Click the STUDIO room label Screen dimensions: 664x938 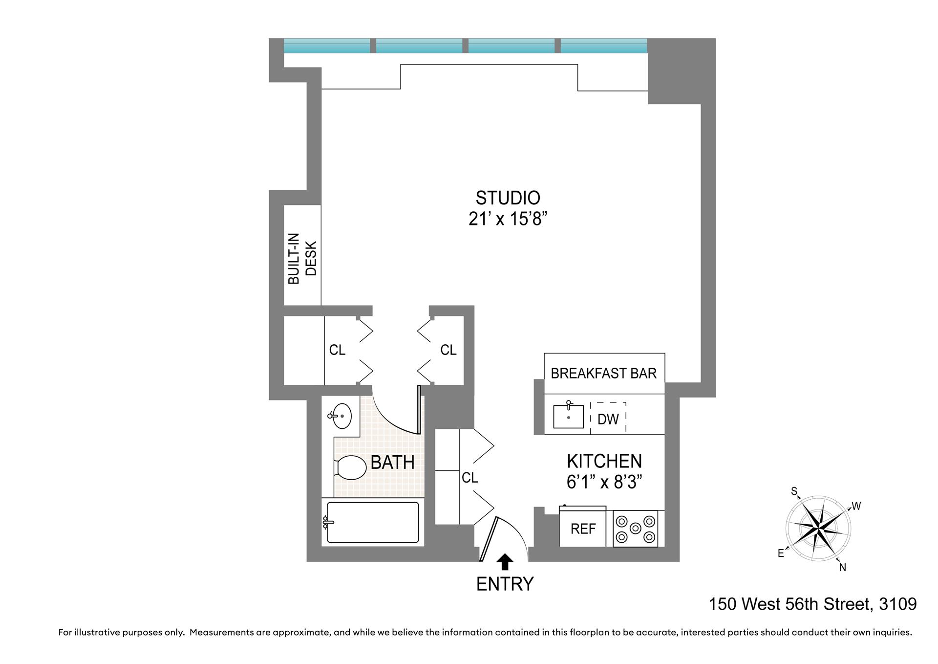coord(508,198)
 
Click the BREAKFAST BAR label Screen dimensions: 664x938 coord(603,374)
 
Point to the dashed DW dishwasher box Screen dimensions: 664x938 coord(608,419)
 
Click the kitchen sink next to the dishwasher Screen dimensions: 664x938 coord(568,417)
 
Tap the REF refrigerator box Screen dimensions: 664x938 coord(583,529)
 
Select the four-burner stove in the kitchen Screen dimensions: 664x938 coord(635,529)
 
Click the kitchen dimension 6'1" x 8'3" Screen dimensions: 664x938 coord(604,482)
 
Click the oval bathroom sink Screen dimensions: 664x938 coord(341,416)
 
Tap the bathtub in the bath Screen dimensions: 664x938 coord(372,522)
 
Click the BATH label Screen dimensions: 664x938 coord(392,462)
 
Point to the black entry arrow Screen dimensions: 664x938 coord(505,562)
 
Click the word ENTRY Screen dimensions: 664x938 coord(505,584)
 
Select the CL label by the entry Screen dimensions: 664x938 coord(469,478)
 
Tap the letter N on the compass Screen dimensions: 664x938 coord(843,567)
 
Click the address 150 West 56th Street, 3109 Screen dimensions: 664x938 coord(812,604)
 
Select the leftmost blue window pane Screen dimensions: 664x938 coord(326,46)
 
